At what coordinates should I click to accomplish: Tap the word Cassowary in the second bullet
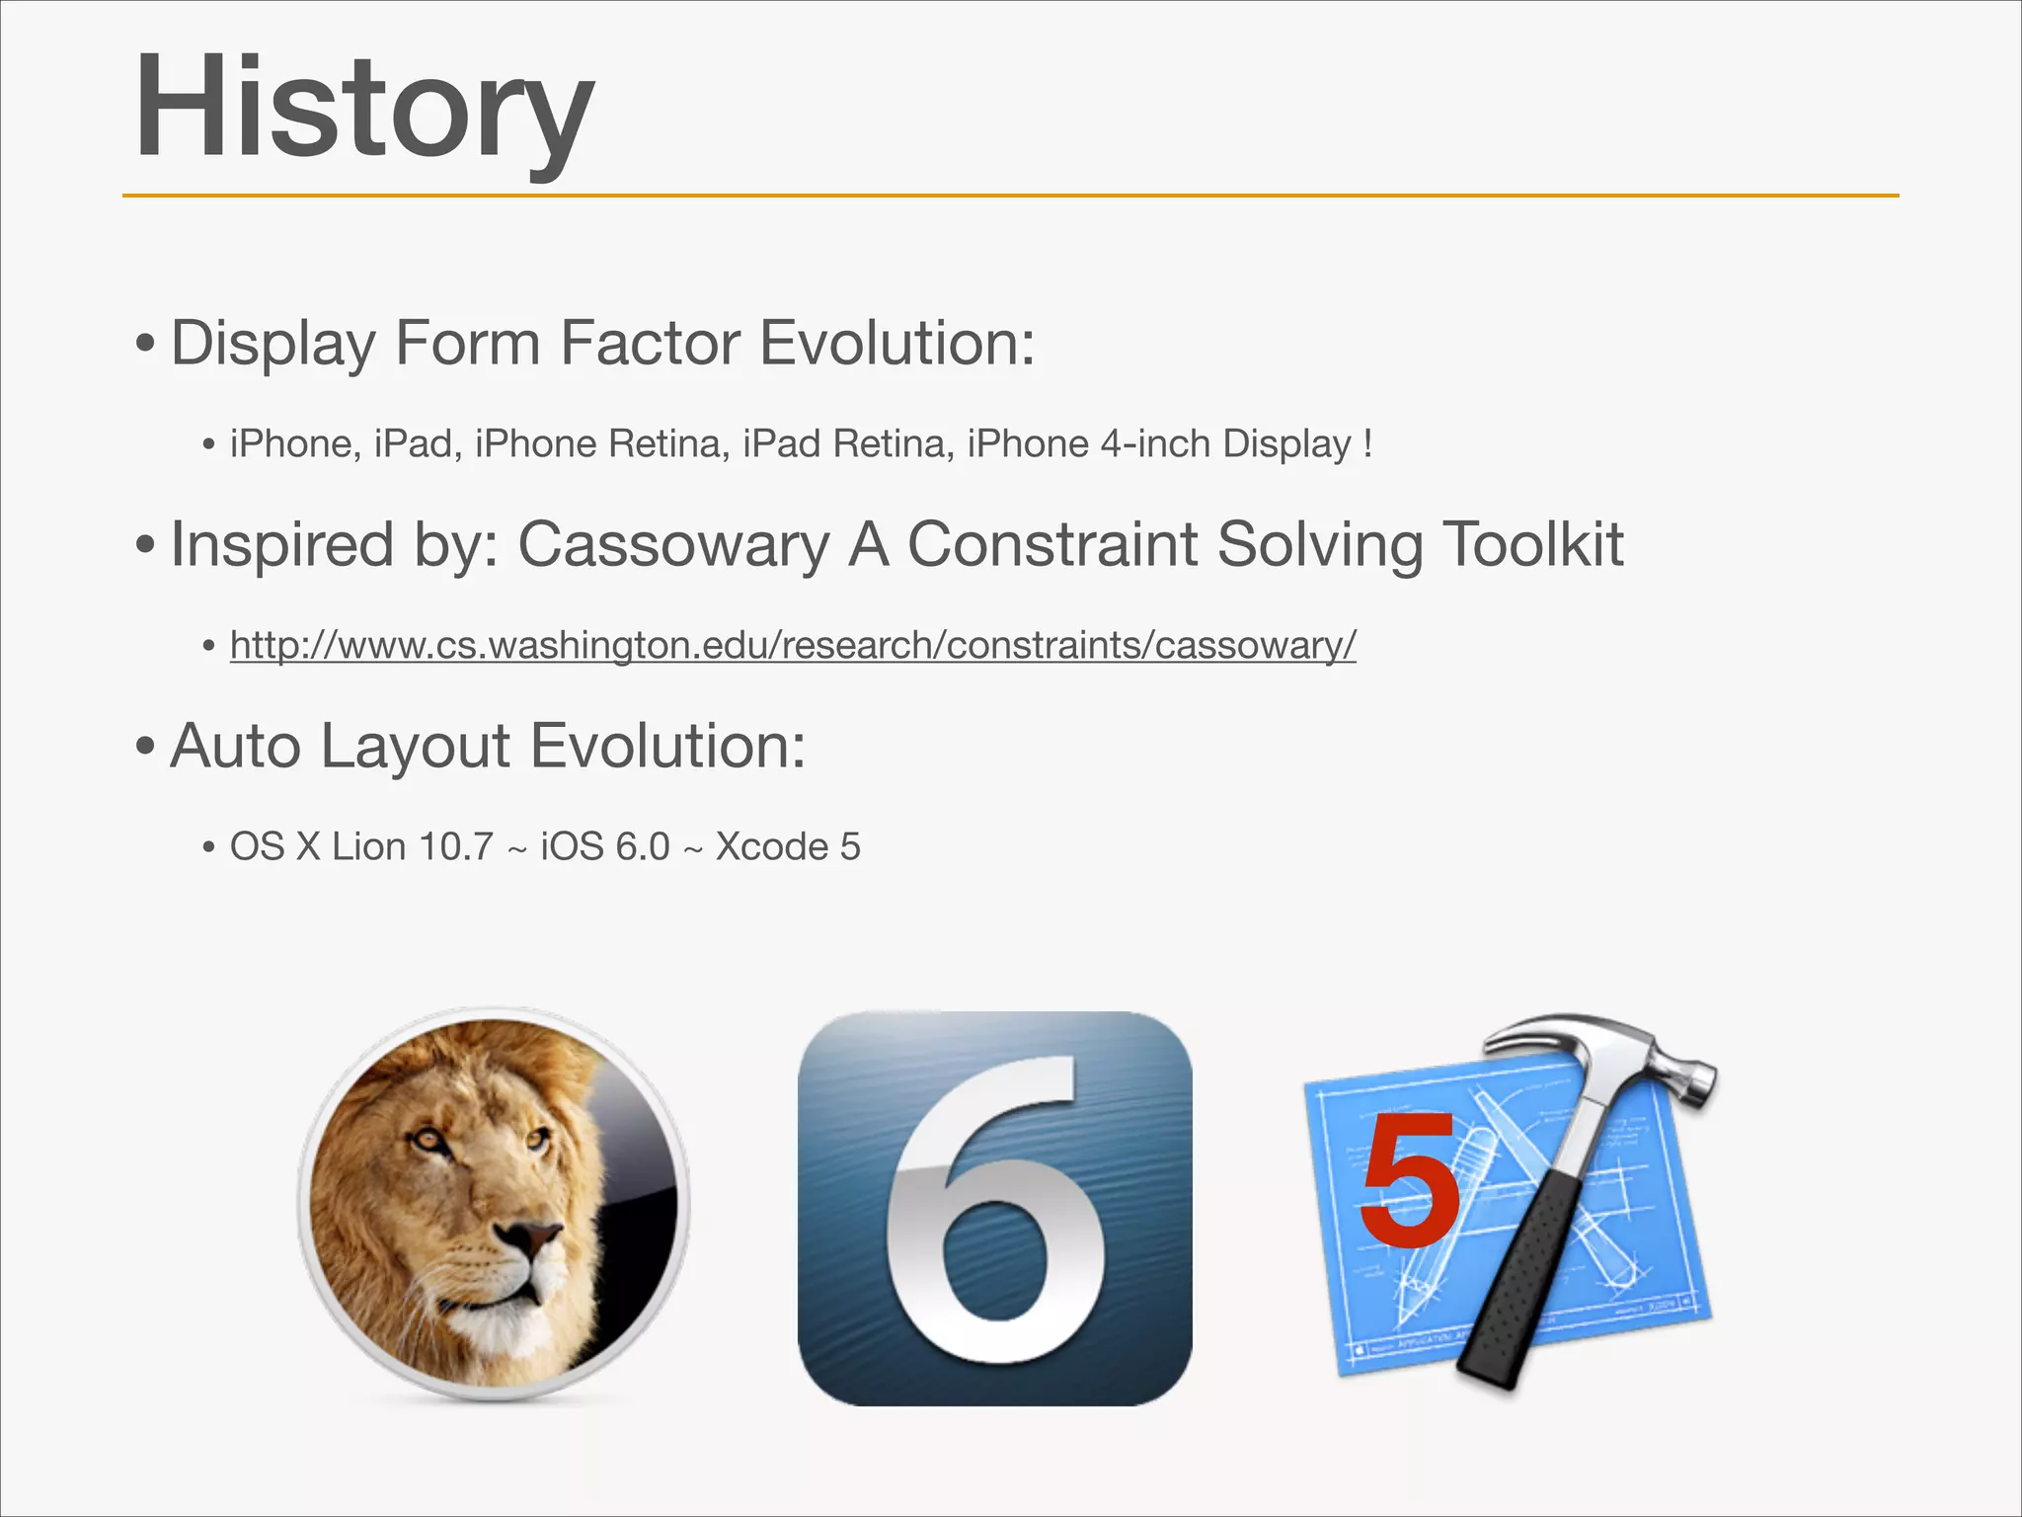(x=673, y=545)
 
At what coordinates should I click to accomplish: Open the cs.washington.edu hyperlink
(x=793, y=645)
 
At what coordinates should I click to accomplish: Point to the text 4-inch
(x=1155, y=443)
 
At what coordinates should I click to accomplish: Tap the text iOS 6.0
(x=604, y=846)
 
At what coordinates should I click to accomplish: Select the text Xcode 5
(x=787, y=846)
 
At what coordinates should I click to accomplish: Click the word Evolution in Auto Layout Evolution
(x=667, y=746)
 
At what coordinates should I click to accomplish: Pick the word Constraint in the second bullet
(x=1051, y=544)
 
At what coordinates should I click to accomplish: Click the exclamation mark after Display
(x=1366, y=443)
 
